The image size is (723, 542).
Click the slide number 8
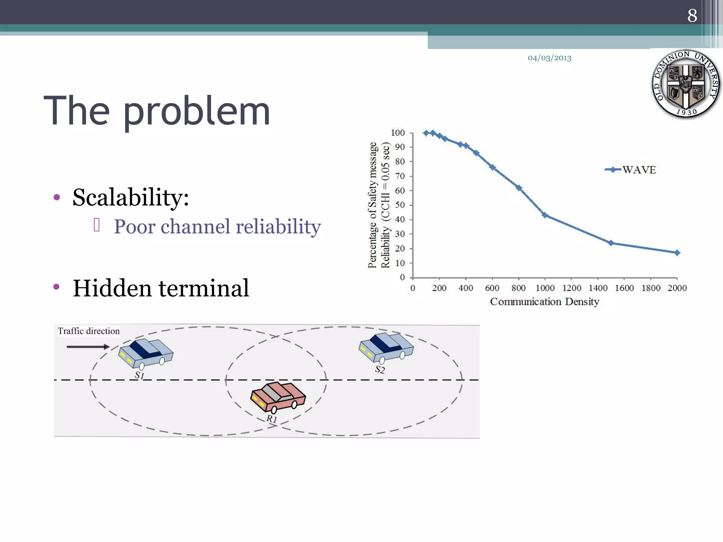tap(692, 16)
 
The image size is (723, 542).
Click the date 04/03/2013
tap(549, 58)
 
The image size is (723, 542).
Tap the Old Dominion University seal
tap(686, 84)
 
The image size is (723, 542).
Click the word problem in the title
tap(196, 112)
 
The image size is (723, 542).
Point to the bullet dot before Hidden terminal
tap(56, 287)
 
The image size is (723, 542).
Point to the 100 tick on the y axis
tap(398, 133)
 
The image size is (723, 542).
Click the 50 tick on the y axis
tap(400, 205)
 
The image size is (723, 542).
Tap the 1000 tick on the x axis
tap(545, 288)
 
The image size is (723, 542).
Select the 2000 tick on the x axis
tap(677, 288)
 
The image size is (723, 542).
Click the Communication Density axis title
tap(544, 302)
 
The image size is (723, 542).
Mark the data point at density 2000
tap(677, 253)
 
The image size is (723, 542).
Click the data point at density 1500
tap(611, 243)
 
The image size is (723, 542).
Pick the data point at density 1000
tap(545, 215)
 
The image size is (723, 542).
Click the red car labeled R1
tap(278, 397)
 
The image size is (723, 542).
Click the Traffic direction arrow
tap(88, 347)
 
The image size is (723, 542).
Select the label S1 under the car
tap(139, 375)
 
